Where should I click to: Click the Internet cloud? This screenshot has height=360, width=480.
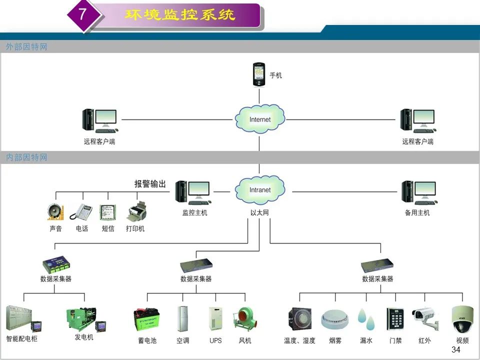260,119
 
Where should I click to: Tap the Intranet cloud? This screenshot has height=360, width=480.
260,190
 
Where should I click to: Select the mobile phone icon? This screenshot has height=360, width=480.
258,74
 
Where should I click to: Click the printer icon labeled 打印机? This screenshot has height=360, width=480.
136,211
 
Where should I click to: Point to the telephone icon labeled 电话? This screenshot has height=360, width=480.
81,211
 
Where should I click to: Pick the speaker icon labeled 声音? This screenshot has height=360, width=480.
55,212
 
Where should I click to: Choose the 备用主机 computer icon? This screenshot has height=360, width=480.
419,193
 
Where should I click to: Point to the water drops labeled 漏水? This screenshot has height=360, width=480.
366,319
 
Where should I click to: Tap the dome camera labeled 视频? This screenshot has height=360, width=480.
462,319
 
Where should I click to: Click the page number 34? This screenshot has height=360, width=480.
456,349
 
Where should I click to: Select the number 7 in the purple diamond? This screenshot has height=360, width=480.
82,14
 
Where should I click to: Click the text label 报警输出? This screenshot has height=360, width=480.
150,183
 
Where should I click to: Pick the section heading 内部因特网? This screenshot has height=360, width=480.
26,157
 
